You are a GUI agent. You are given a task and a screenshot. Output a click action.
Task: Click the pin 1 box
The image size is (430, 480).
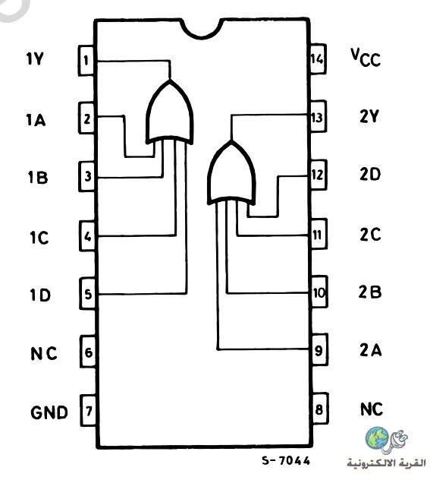86,60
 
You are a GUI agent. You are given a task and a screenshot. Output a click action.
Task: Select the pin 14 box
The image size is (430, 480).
318,58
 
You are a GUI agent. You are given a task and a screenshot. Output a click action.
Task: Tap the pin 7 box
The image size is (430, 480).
88,410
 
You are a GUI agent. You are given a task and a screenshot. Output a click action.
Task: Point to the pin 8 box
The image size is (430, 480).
320,409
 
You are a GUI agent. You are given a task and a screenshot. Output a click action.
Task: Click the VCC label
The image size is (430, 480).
366,58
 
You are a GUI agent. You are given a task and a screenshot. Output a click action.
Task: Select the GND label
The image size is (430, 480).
49,412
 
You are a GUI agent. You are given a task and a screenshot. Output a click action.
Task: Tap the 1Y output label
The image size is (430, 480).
35,59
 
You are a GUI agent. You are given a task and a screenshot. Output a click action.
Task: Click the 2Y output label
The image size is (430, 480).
369,116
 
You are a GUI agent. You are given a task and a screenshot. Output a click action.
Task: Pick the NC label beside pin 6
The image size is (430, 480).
44,354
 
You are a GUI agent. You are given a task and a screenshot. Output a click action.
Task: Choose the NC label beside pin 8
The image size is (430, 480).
372,409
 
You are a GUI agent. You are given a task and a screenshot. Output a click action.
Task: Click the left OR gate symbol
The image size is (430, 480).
170,112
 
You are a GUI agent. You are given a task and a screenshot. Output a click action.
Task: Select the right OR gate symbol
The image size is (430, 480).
231,172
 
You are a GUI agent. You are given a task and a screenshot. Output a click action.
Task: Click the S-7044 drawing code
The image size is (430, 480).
286,460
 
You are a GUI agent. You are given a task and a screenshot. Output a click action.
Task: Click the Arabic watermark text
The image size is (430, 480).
386,463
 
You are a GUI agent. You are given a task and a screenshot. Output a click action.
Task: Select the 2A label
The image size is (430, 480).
371,350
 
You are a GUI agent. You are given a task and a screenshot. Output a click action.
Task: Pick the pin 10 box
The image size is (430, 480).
319,292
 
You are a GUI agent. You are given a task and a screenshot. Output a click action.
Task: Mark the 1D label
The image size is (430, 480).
40,295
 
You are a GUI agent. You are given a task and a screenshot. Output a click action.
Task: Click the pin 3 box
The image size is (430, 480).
87,176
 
